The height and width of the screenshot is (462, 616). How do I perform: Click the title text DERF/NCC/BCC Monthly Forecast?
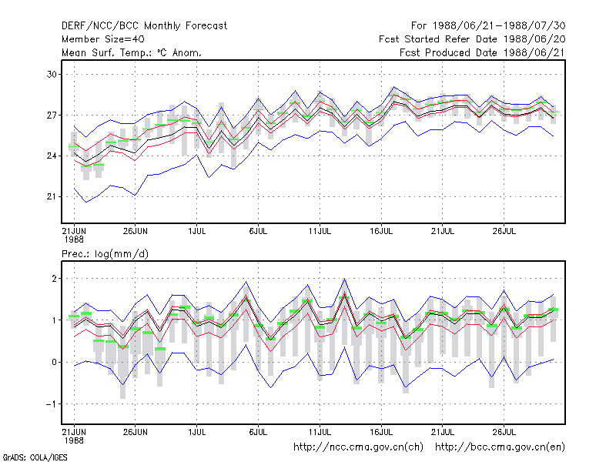coord(144,26)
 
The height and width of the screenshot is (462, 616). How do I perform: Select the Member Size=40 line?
coord(103,39)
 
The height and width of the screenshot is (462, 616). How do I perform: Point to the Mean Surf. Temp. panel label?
coord(132,52)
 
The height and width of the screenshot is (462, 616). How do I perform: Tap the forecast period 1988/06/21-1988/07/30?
coord(488,26)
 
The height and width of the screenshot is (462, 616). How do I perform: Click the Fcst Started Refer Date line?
coord(472,39)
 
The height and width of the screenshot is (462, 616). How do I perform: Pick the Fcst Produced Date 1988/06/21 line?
coord(482,52)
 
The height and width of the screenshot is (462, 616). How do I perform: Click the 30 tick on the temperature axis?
coord(52,74)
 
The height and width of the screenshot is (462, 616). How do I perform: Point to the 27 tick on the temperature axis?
coord(52,115)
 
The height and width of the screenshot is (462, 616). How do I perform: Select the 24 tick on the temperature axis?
coord(52,156)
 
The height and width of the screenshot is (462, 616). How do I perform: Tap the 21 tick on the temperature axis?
coord(52,197)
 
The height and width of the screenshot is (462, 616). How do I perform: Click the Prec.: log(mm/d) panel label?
coord(105,254)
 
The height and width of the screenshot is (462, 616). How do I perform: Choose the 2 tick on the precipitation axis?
coord(54,279)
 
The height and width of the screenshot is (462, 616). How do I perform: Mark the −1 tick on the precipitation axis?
coord(51,403)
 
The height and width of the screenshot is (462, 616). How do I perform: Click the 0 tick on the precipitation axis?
coord(54,362)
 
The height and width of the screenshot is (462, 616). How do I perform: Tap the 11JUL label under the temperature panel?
coord(320,232)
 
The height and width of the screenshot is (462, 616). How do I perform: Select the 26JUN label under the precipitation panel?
coord(136,432)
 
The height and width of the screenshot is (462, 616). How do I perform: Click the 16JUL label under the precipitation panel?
coord(381,432)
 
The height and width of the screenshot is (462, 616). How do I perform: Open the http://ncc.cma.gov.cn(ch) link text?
coord(358,447)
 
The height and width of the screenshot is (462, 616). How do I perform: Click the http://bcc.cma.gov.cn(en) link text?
coord(500,447)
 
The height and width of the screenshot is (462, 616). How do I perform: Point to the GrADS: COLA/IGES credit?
coord(35,457)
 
